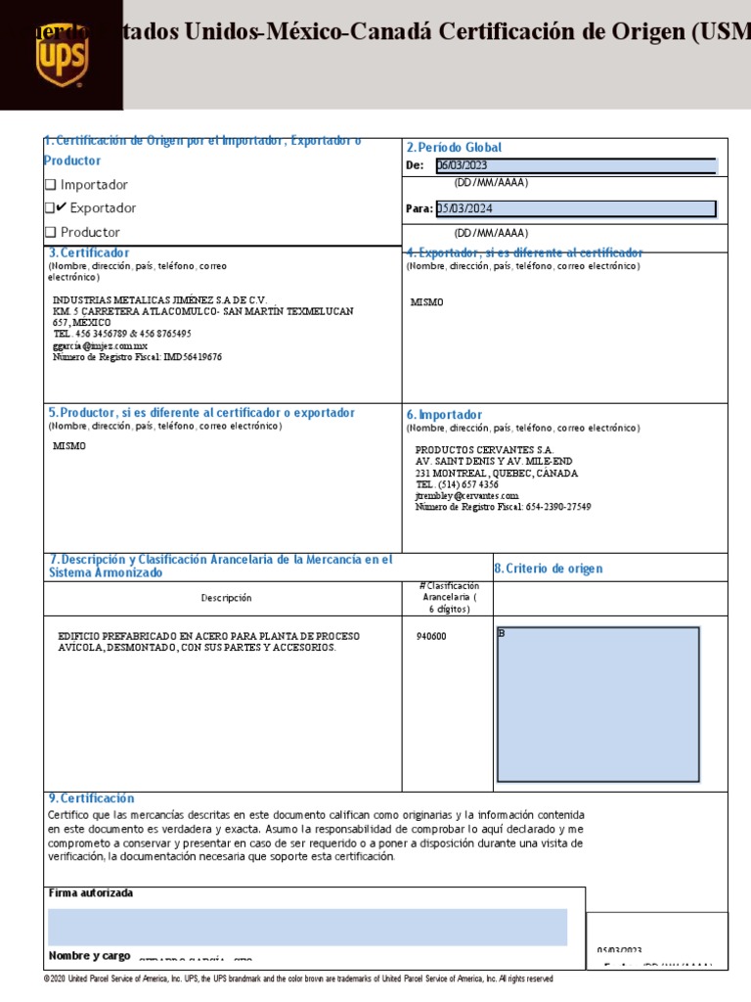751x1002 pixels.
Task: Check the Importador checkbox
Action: pyautogui.click(x=51, y=185)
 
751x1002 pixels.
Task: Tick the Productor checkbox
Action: pyautogui.click(x=51, y=233)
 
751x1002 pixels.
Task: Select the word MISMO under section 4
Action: pyautogui.click(x=426, y=302)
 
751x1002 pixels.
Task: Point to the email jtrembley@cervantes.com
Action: pyautogui.click(x=466, y=496)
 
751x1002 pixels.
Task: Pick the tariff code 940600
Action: pyautogui.click(x=431, y=636)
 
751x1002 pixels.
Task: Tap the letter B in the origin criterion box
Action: pyautogui.click(x=502, y=633)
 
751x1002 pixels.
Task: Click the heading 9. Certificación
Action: pyautogui.click(x=91, y=798)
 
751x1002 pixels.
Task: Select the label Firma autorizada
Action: pyautogui.click(x=91, y=893)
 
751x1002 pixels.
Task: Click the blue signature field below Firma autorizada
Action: pyautogui.click(x=307, y=927)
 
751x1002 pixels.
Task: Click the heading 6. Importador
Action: pyautogui.click(x=444, y=415)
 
